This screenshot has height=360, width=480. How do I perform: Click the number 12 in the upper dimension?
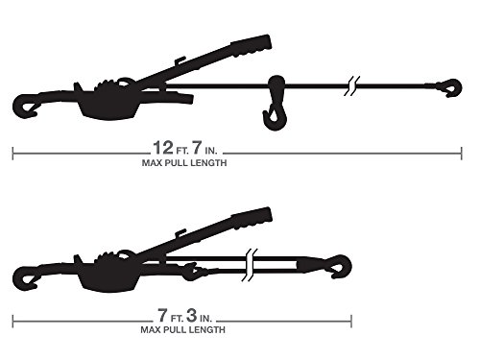click(163, 148)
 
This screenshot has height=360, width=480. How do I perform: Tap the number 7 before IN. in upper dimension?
click(197, 148)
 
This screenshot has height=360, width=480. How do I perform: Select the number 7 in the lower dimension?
click(162, 315)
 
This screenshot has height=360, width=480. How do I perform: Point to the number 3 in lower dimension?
click(191, 315)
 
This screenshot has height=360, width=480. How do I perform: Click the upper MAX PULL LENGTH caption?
click(184, 163)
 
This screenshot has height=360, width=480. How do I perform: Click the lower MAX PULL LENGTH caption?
click(182, 329)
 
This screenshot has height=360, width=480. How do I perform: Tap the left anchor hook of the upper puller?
click(24, 106)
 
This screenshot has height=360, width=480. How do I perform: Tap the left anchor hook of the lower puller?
click(24, 278)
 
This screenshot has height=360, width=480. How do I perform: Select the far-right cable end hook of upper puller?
click(451, 87)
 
